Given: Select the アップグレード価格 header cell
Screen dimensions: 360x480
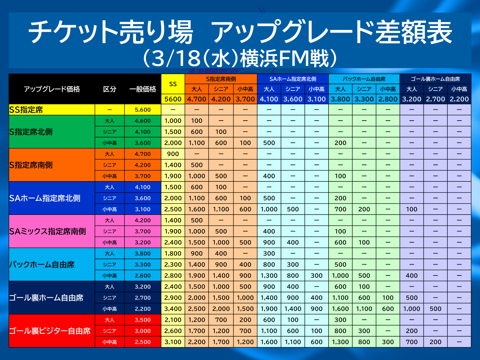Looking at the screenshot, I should point(52,89).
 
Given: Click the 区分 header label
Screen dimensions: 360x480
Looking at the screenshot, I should point(110,89).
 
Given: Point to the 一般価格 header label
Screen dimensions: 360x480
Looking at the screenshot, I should point(143,89).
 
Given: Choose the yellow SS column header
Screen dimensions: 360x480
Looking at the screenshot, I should point(173,84).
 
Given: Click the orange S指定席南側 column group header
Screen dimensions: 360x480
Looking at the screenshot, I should point(221,79).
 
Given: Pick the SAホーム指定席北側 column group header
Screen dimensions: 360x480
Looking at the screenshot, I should point(293,79).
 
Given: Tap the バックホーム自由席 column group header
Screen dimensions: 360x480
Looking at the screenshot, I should point(364,79).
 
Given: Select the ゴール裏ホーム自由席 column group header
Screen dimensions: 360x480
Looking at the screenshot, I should point(435,79).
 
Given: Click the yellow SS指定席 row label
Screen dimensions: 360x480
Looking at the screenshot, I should point(26,110).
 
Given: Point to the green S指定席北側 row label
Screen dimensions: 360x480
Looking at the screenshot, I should point(31,132).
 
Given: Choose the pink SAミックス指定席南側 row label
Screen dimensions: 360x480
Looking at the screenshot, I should point(47,231).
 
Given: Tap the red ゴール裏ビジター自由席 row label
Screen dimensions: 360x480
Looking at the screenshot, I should point(50,331).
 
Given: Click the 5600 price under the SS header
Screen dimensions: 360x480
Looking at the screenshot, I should point(173,99).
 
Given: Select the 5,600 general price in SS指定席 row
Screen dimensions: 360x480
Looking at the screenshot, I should point(143,110).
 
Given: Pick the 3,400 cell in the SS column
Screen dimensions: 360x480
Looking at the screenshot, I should point(173,309).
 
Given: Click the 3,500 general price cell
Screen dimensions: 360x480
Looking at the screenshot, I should point(143,320).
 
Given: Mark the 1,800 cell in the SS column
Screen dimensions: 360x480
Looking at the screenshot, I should point(173,253).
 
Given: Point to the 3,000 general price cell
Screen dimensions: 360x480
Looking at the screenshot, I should point(143,331).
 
